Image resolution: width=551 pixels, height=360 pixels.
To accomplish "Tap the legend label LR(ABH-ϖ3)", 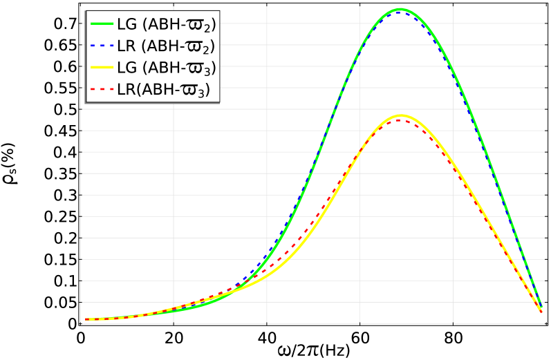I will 163,90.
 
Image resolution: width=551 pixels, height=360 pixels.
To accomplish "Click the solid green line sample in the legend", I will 102,24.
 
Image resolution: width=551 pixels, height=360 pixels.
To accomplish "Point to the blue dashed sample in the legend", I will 102,46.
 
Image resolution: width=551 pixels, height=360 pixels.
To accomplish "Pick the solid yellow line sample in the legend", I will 102,68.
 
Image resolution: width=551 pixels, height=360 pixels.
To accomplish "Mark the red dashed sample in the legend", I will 102,89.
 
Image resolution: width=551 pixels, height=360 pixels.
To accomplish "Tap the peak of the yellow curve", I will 400,115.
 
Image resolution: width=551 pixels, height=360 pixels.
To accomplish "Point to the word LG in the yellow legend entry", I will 127,68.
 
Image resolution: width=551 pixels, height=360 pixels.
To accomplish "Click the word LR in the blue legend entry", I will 127,46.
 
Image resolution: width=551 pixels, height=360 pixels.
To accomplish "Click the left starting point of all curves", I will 85,320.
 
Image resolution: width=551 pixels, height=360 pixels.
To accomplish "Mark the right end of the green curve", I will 542,308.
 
